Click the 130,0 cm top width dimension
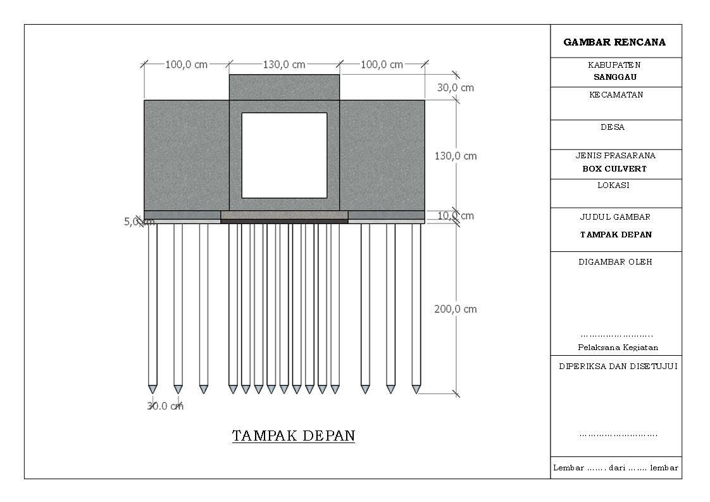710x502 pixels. [x=284, y=65]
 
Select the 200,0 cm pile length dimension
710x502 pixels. [x=456, y=309]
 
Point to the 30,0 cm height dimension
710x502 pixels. [x=456, y=87]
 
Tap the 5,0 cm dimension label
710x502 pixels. [x=139, y=222]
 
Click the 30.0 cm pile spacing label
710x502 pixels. [x=165, y=406]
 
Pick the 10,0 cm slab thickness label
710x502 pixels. [x=456, y=216]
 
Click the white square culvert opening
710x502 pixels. [x=284, y=155]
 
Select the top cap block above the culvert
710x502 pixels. [x=284, y=87]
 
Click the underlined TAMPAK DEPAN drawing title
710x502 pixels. [x=293, y=436]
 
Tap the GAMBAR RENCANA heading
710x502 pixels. [x=614, y=42]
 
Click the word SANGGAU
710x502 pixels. [x=614, y=77]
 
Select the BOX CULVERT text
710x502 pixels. [x=614, y=169]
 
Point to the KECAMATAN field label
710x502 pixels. [x=615, y=95]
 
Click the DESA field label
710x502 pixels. [x=613, y=127]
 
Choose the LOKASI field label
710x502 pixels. [x=613, y=185]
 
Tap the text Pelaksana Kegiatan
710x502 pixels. [x=618, y=348]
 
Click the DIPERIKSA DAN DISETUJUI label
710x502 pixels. [x=618, y=367]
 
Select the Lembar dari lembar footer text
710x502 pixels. [x=616, y=468]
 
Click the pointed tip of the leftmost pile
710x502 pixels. [x=153, y=389]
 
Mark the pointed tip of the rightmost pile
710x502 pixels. [x=416, y=389]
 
